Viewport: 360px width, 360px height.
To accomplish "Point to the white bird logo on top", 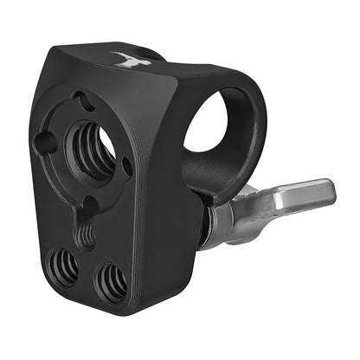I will (x=126, y=60).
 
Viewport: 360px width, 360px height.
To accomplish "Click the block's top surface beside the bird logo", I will (x=164, y=69).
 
